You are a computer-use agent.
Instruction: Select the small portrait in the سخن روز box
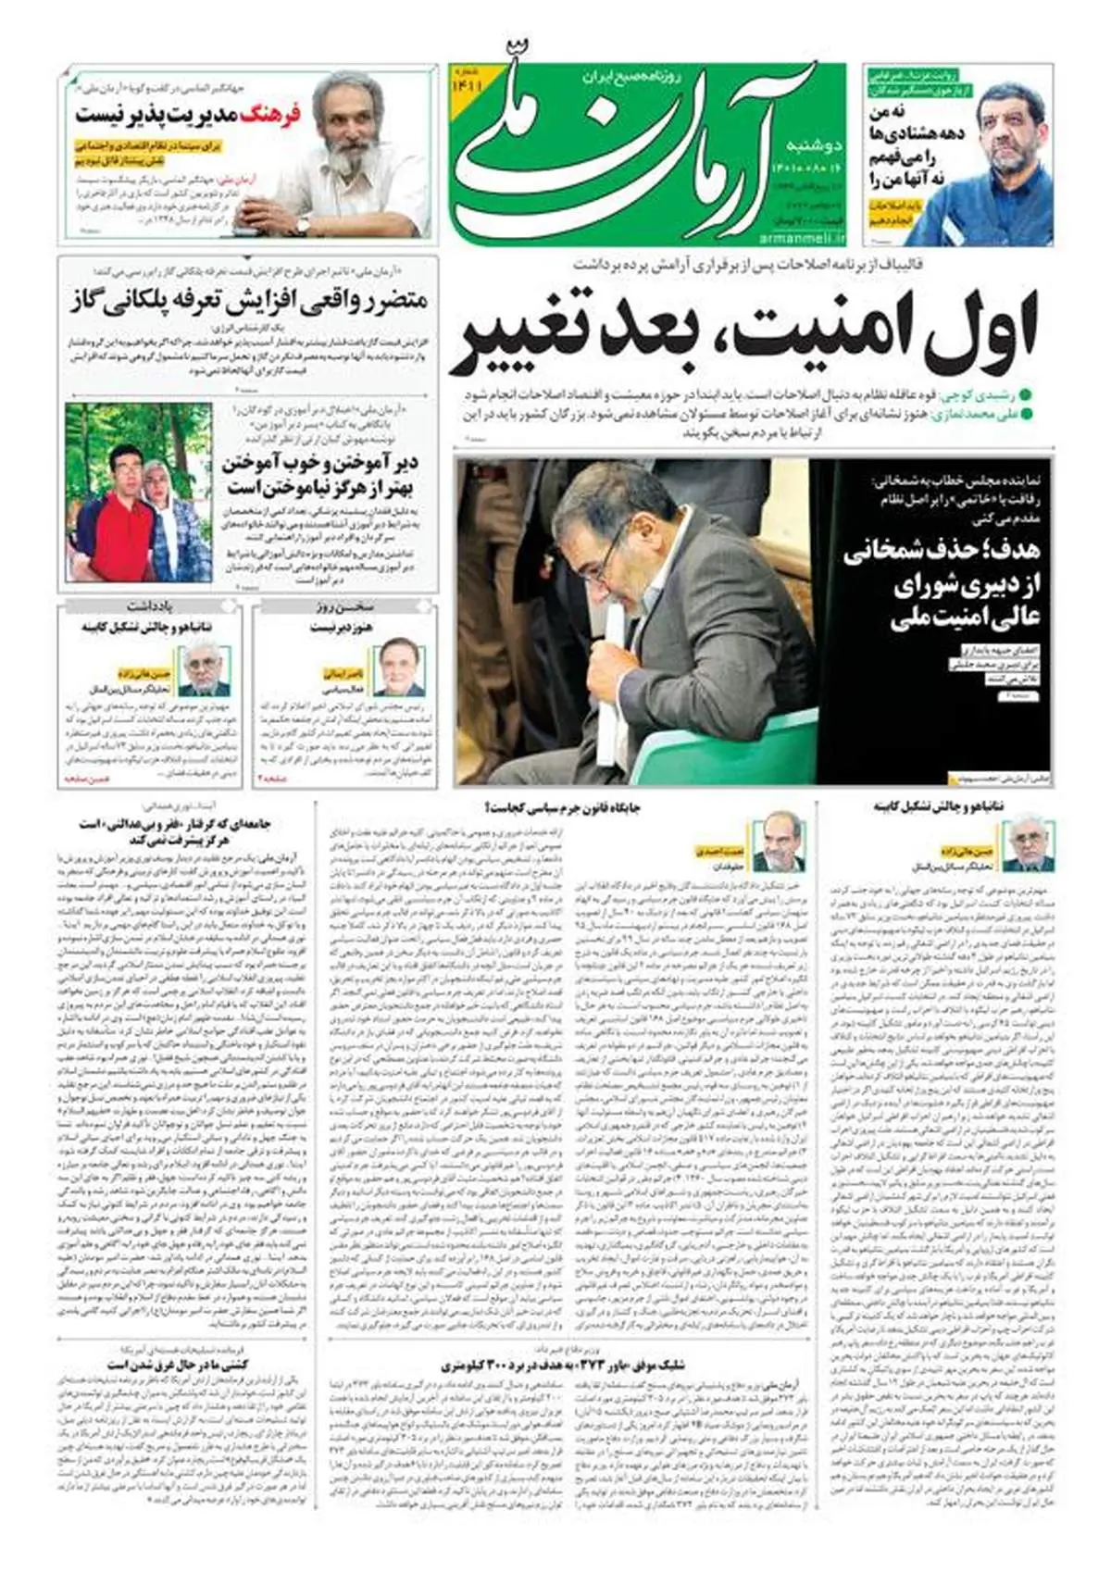pyautogui.click(x=401, y=667)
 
